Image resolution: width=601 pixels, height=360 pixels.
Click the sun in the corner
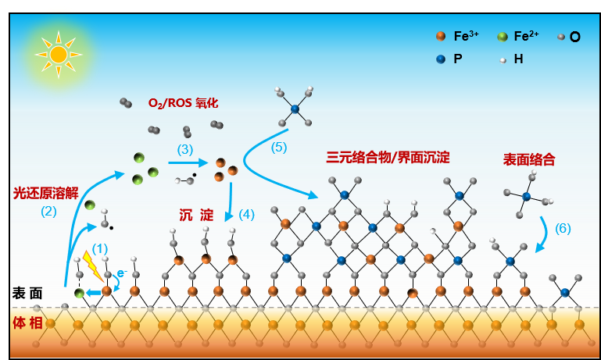click(x=59, y=54)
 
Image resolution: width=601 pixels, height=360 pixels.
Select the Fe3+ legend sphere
click(x=441, y=36)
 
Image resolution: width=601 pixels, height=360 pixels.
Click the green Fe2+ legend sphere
click(x=503, y=36)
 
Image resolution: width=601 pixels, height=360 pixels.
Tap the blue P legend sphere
click(x=441, y=59)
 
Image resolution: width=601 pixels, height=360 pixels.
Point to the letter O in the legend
click(x=574, y=37)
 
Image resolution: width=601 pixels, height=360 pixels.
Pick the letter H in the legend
click(x=518, y=59)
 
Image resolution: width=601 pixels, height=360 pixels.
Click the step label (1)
click(x=100, y=248)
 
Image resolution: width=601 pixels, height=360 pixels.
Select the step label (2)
click(x=48, y=210)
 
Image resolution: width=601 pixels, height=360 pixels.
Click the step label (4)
click(x=246, y=213)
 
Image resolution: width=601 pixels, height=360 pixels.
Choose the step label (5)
click(x=279, y=146)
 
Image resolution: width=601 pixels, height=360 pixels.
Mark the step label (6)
click(x=563, y=228)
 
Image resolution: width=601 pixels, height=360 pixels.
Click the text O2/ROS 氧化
click(x=183, y=103)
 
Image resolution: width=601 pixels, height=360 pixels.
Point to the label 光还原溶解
click(x=45, y=192)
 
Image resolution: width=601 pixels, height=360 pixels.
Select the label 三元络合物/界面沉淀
click(x=388, y=157)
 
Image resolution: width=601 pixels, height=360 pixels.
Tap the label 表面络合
click(x=529, y=159)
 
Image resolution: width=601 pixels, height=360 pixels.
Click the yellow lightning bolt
click(x=91, y=266)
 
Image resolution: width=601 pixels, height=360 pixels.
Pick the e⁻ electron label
click(x=121, y=273)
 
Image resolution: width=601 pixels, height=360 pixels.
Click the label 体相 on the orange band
click(x=27, y=323)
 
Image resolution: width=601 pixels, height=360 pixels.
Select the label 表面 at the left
click(x=27, y=293)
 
